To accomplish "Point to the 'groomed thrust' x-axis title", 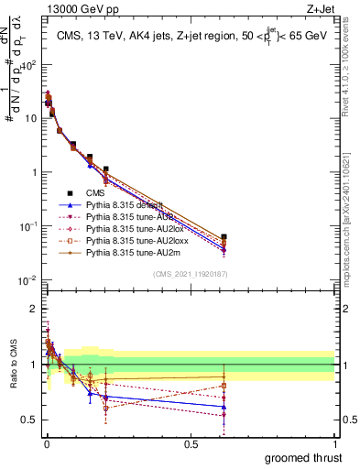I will (303, 458).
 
